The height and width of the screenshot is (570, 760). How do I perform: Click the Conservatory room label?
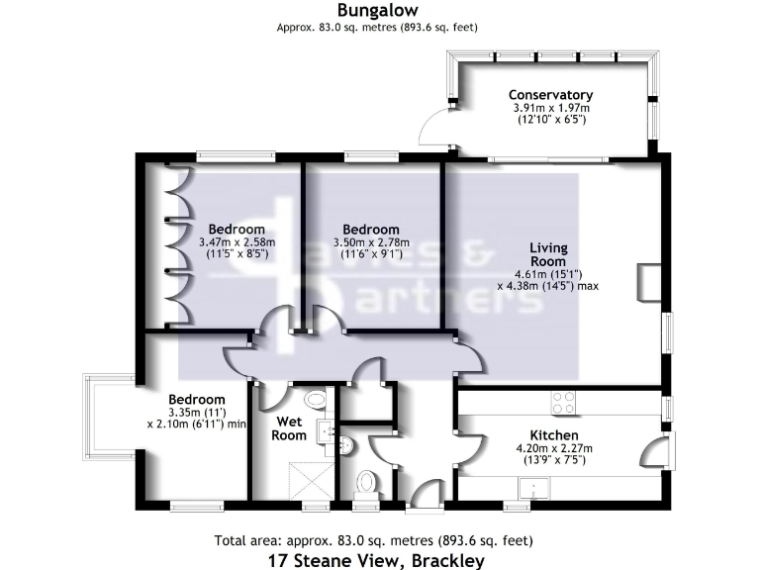pyautogui.click(x=551, y=95)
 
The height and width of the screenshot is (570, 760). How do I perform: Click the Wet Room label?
pyautogui.click(x=290, y=427)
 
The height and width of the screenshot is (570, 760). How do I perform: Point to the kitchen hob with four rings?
pyautogui.click(x=563, y=402)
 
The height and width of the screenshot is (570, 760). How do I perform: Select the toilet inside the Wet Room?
pyautogui.click(x=316, y=400)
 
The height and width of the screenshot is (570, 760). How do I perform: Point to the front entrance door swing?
pyautogui.click(x=427, y=494)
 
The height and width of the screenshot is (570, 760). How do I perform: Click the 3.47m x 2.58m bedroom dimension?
pyautogui.click(x=237, y=241)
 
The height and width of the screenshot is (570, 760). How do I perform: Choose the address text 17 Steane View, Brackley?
pyautogui.click(x=377, y=561)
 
